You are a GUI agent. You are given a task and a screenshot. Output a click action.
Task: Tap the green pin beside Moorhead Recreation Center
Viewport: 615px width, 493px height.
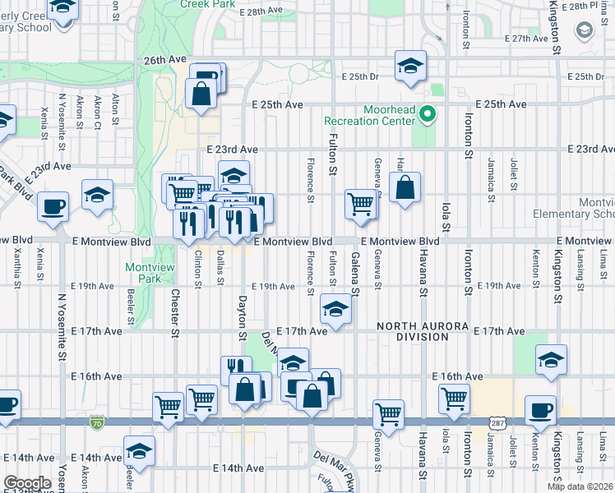427,114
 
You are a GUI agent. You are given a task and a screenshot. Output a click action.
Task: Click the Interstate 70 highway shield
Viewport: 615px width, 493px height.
96,422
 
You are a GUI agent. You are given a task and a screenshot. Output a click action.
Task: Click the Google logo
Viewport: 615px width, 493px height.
28,483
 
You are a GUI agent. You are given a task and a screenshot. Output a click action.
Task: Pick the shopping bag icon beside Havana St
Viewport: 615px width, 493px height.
406,188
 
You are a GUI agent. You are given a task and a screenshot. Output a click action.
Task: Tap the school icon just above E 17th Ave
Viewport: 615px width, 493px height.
334,310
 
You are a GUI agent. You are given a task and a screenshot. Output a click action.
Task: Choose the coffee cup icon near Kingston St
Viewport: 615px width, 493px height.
540,412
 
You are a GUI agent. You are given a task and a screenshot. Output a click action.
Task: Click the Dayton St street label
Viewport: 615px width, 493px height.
243,317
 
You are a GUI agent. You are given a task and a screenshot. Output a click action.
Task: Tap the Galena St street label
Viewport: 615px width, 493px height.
356,274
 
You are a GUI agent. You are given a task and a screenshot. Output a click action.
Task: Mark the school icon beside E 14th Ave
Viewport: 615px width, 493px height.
139,451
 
